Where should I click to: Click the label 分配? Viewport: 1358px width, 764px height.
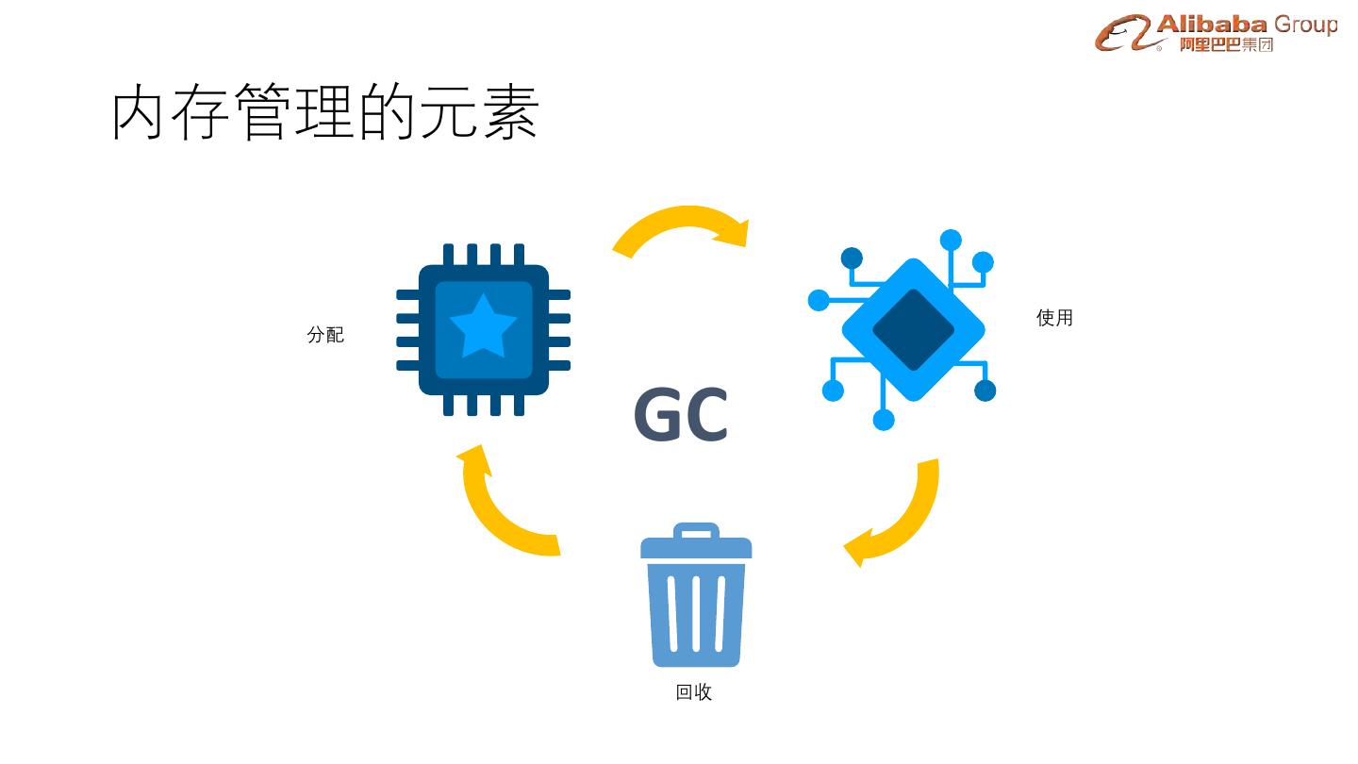click(x=325, y=335)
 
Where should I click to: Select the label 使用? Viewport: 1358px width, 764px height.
click(x=1054, y=318)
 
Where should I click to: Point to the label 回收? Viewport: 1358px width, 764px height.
click(x=694, y=692)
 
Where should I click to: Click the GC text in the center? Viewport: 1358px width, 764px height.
click(x=680, y=415)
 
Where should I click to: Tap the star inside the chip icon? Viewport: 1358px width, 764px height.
click(x=483, y=326)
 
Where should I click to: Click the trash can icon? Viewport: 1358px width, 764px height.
click(x=696, y=599)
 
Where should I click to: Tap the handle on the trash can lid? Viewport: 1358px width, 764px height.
click(x=696, y=532)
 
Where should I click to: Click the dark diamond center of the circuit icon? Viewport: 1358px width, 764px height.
click(x=913, y=329)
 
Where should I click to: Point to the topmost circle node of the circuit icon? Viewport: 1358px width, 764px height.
click(x=951, y=241)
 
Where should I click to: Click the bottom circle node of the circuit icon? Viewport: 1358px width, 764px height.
click(x=884, y=420)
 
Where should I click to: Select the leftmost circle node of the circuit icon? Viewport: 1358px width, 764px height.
click(x=819, y=300)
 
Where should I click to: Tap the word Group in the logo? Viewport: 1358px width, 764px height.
click(x=1305, y=25)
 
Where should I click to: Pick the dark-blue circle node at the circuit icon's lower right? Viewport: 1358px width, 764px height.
click(x=985, y=390)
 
